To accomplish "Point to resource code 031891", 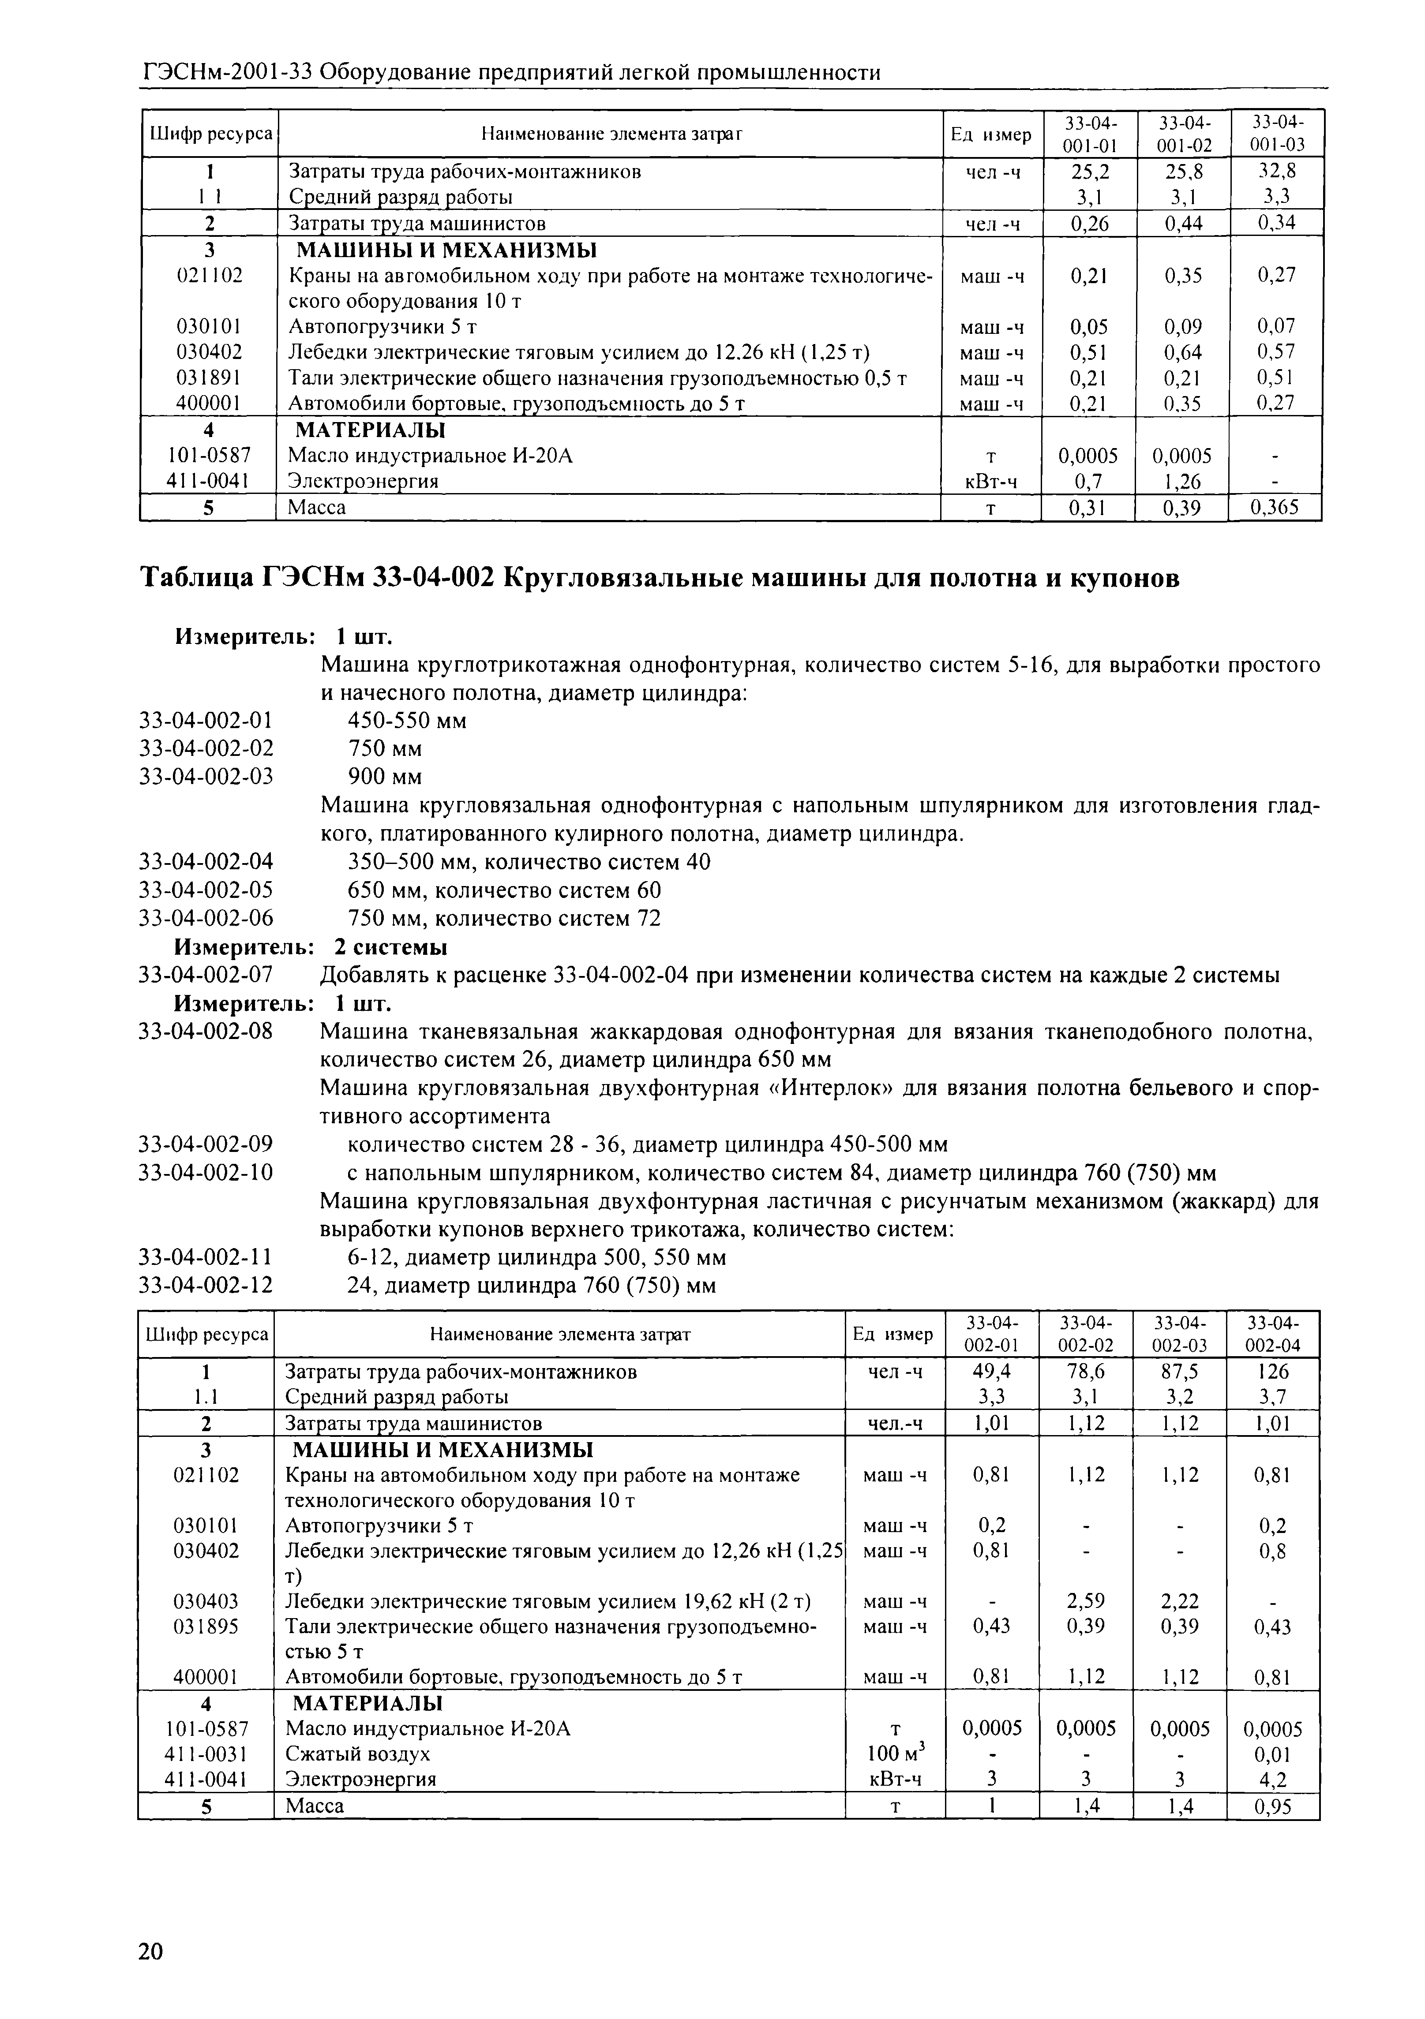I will (x=209, y=378).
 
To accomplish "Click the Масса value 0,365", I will (x=1275, y=507).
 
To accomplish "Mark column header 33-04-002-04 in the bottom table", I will (x=1273, y=1334).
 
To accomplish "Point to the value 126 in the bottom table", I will (x=1273, y=1371).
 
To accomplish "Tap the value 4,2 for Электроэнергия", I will (x=1273, y=1780).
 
